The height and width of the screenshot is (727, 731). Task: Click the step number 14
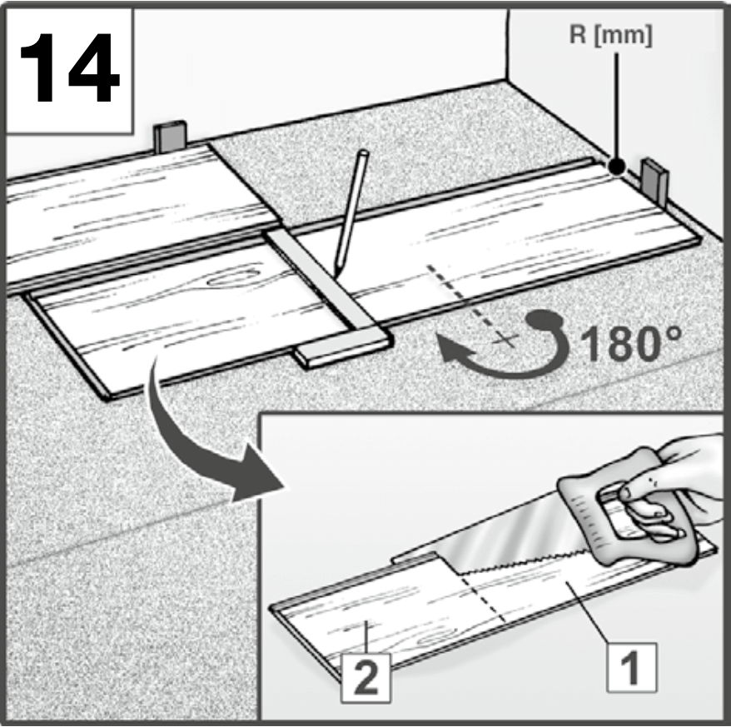(x=70, y=69)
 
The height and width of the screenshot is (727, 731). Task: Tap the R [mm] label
(x=611, y=35)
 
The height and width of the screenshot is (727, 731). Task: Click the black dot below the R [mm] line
(x=617, y=167)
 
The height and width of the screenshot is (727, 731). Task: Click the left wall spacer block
(x=170, y=137)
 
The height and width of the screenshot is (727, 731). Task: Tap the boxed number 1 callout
(x=632, y=667)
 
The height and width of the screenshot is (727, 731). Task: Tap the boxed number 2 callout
(x=366, y=678)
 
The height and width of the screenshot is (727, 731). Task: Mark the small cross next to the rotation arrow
(x=505, y=339)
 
